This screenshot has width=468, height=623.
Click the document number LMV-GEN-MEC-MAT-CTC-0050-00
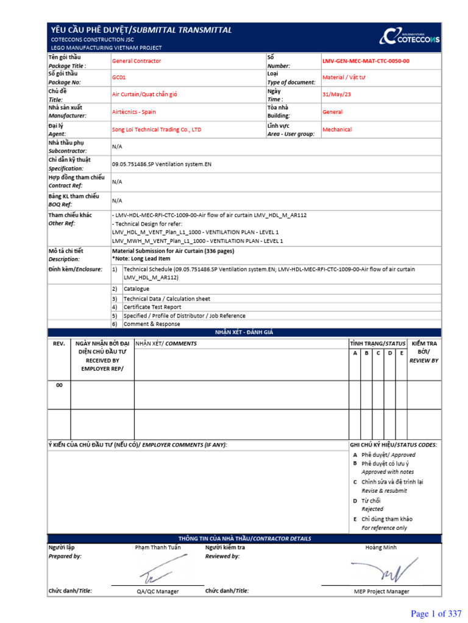tap(366, 61)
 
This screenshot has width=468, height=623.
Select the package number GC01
tap(119, 78)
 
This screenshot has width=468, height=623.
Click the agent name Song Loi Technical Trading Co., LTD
tap(157, 130)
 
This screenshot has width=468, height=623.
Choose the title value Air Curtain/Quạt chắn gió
tap(144, 95)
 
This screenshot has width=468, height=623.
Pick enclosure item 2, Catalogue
tap(136, 289)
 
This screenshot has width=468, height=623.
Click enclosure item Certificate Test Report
tap(152, 307)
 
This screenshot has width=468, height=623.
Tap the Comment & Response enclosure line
tap(152, 324)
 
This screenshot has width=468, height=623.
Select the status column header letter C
tap(378, 353)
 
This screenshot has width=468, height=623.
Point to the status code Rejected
tap(372, 509)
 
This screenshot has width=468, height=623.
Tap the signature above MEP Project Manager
tap(381, 571)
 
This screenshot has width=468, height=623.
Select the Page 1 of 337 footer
tap(436, 614)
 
